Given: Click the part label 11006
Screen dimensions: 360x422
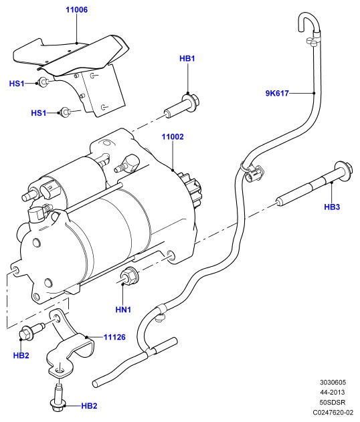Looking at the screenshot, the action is [77, 10].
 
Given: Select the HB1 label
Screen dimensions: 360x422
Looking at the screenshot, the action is [187, 58].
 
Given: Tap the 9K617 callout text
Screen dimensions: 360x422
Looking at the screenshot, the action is [277, 93].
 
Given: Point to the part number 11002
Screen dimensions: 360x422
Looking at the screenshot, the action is [173, 136].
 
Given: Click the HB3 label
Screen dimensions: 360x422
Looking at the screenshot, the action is [332, 207].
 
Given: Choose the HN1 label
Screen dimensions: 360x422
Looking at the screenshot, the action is [123, 310].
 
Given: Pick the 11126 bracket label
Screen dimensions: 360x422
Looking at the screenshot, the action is [114, 337].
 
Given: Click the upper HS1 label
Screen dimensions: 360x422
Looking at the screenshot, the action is [17, 84].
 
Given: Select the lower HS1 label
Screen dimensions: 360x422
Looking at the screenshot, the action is [39, 113].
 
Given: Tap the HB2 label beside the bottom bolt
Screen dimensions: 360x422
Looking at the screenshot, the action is [89, 405].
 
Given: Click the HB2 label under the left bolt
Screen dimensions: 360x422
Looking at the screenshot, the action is [21, 355].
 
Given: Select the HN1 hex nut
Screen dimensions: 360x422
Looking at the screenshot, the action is [130, 276].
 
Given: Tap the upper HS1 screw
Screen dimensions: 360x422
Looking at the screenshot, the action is [43, 82].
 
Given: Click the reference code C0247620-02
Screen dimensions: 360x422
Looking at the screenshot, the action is [333, 412].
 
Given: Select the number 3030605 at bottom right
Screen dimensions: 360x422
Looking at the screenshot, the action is [333, 382].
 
